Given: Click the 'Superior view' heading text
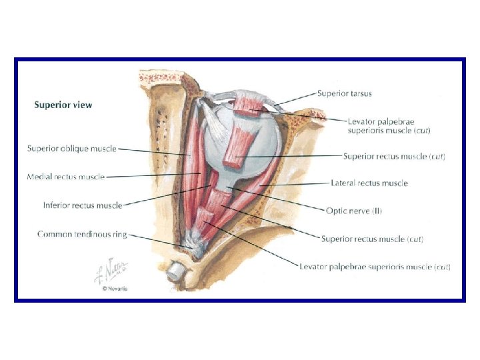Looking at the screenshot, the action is click(x=63, y=105).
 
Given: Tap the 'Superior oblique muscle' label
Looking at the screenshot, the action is click(x=72, y=149).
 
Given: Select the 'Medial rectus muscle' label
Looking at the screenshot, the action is click(x=66, y=177).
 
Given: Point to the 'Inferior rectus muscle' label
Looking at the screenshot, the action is click(x=83, y=205).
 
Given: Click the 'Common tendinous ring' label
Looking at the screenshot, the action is click(x=82, y=234).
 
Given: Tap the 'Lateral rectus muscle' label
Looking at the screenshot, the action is click(x=369, y=183).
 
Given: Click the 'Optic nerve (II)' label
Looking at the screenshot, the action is click(x=354, y=211).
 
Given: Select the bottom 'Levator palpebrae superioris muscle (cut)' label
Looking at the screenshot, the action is click(x=375, y=267).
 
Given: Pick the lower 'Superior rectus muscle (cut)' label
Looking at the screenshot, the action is click(x=372, y=239).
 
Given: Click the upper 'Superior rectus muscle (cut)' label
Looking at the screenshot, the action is click(x=394, y=156).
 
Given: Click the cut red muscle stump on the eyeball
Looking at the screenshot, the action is click(x=239, y=146).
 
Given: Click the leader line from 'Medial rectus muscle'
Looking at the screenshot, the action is click(x=153, y=177).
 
